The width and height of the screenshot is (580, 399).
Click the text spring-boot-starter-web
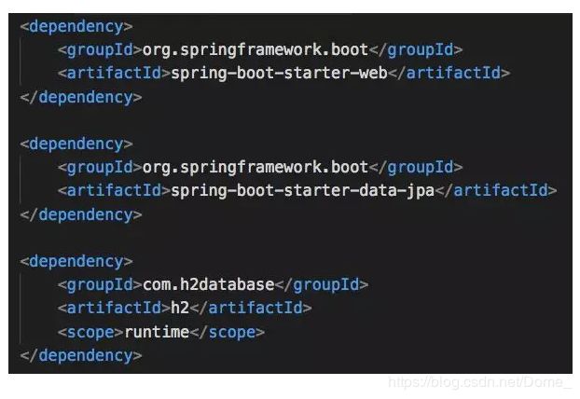(x=274, y=73)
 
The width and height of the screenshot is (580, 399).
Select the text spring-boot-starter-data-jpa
(x=297, y=190)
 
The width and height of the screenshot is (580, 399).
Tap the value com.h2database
(x=209, y=284)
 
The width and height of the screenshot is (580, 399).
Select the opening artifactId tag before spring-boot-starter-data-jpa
(x=108, y=190)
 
